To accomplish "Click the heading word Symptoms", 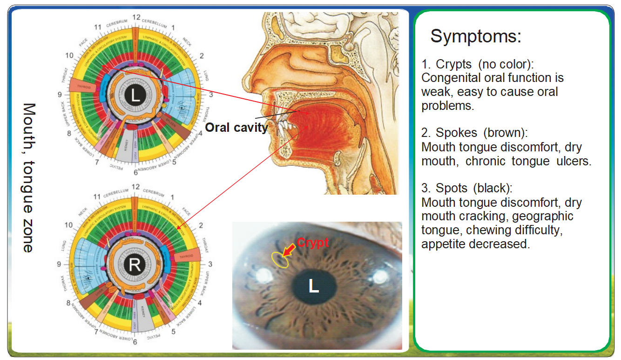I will click(x=475, y=36).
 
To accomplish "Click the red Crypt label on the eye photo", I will click(x=312, y=243).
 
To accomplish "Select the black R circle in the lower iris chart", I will click(x=135, y=265).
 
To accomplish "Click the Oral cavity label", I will click(x=236, y=127).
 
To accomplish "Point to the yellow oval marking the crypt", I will click(x=280, y=259).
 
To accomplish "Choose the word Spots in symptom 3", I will click(x=452, y=189).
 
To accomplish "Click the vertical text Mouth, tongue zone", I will click(x=29, y=177).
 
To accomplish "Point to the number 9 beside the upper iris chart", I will click(x=60, y=95).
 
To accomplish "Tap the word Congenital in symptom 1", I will click(x=448, y=78).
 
